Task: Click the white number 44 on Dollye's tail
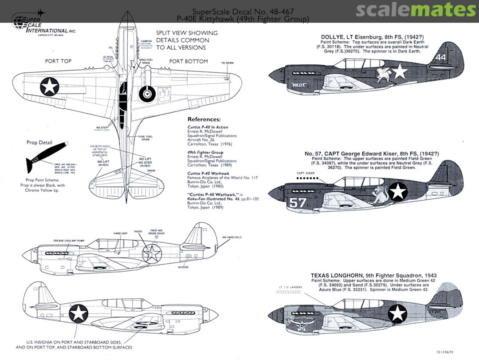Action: (440, 57)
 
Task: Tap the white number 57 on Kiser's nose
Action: (297, 202)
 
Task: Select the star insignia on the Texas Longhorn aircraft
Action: (397, 314)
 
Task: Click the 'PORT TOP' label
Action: (58, 61)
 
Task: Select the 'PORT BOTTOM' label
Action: (188, 61)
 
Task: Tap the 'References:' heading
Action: (204, 119)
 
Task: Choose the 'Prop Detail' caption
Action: (39, 143)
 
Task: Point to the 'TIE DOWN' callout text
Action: (228, 63)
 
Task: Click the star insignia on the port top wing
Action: (49, 87)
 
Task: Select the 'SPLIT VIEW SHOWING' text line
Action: (187, 33)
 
